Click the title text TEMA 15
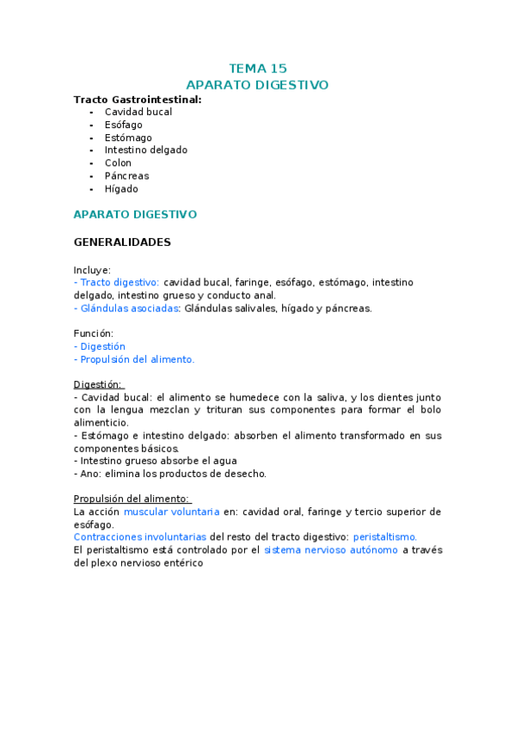(257, 68)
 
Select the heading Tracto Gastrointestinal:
(138, 99)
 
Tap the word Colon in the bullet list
(118, 162)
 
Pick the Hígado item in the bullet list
(121, 188)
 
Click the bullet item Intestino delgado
(145, 150)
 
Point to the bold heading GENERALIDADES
(122, 242)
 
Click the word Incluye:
(92, 269)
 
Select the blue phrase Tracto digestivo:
(119, 282)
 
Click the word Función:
(94, 334)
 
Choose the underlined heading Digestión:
(98, 384)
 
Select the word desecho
(246, 473)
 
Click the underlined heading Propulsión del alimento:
(132, 499)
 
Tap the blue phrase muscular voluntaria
(171, 512)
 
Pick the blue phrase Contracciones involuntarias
(140, 536)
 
